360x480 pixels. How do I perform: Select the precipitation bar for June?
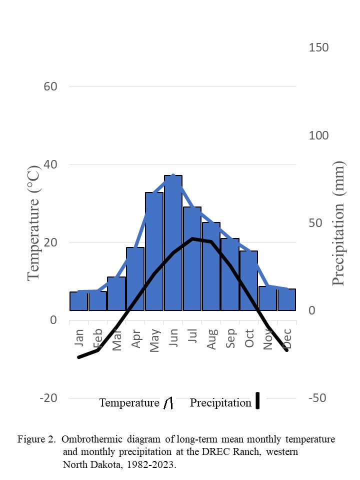click(173, 243)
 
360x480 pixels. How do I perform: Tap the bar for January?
click(78, 301)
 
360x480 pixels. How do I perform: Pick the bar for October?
click(248, 280)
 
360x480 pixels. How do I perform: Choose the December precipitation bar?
click(286, 299)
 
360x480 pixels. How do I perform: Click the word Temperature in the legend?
click(129, 403)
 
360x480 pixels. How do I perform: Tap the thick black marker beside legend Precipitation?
click(258, 401)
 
